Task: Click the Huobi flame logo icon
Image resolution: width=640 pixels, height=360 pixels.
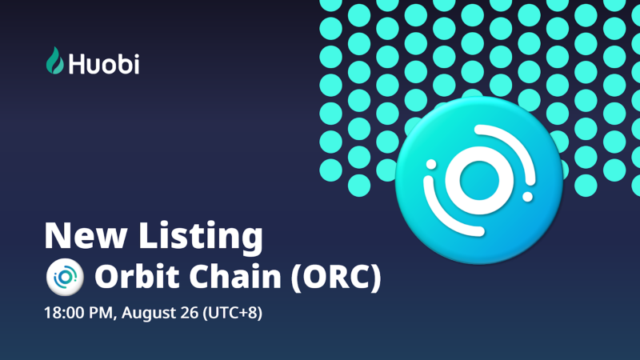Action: (54, 61)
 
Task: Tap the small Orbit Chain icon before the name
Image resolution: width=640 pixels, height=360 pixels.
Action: (64, 277)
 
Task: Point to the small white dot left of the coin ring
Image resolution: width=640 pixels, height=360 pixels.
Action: (431, 165)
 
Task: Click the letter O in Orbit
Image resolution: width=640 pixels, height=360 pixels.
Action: (106, 277)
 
